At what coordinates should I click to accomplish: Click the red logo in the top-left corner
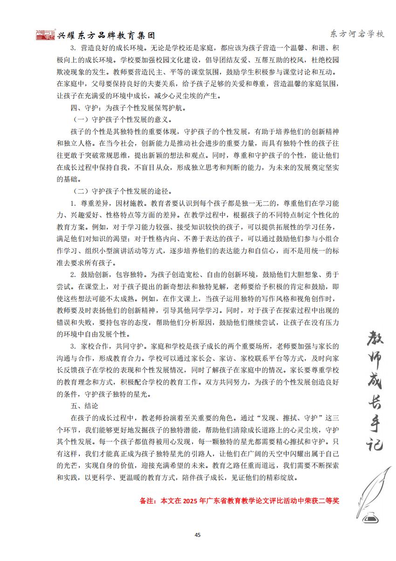(45, 35)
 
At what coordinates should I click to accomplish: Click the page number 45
(198, 534)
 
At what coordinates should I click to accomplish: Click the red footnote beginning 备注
(239, 501)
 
